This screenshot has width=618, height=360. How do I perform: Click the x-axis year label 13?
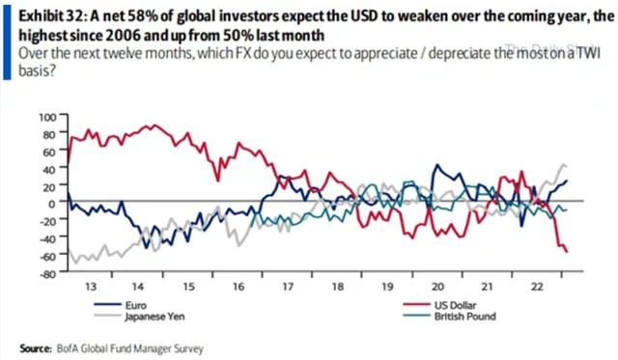[91, 288]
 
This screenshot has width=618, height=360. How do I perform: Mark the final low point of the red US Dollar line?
[567, 252]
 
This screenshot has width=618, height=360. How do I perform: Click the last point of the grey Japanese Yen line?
[567, 166]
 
